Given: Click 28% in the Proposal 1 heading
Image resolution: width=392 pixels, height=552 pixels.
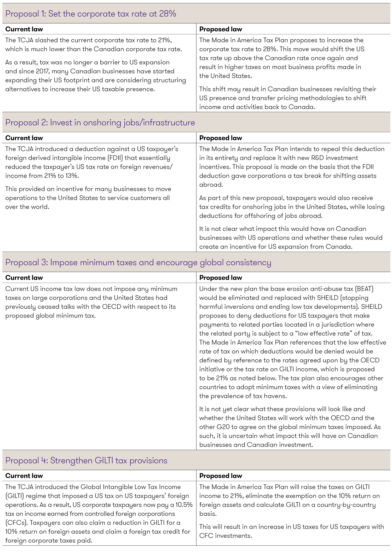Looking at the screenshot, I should (167, 14).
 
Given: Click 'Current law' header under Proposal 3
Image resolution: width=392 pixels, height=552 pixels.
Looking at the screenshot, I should (24, 278).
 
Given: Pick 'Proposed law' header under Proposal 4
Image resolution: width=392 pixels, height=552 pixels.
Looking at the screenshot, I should (221, 476).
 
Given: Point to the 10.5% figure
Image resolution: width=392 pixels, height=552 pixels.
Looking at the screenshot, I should (184, 505).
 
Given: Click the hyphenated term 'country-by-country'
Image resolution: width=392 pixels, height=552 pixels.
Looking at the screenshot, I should (346, 505).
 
